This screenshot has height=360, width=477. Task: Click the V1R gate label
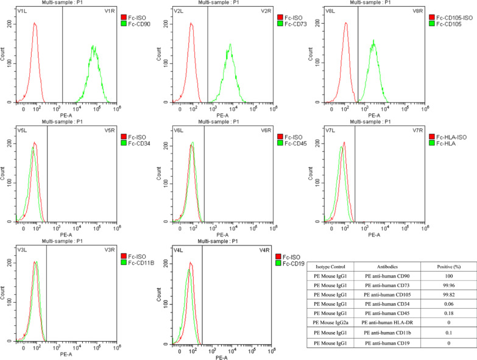(110, 11)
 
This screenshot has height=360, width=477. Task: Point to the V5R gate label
(110, 130)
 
